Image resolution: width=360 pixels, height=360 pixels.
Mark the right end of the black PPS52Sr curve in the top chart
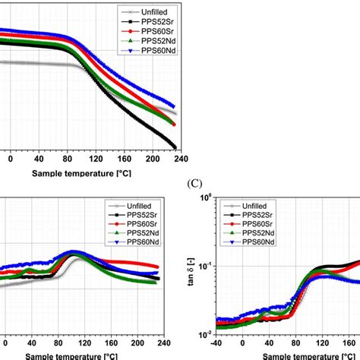click(x=175, y=147)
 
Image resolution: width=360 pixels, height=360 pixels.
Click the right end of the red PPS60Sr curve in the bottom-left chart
click(x=158, y=267)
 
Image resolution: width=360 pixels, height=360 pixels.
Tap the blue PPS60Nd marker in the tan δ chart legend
click(x=230, y=245)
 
